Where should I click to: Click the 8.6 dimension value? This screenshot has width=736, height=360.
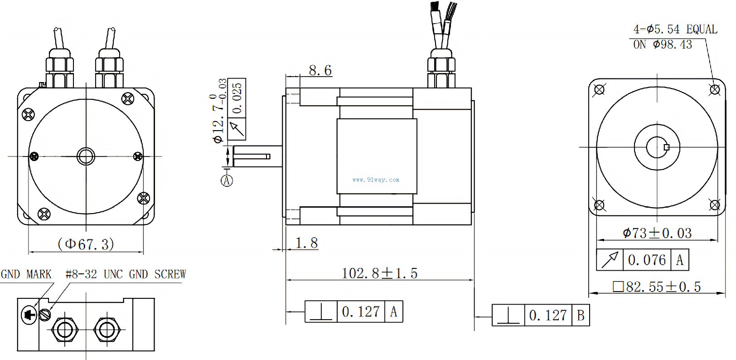320,70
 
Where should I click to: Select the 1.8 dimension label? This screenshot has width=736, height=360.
306,243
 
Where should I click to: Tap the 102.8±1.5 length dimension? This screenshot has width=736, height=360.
379,273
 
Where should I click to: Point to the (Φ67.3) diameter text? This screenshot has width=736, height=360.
86,244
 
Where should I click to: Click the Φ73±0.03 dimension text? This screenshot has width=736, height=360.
657,233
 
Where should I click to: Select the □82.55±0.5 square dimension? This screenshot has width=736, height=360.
657,287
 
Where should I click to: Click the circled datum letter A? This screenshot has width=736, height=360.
227,180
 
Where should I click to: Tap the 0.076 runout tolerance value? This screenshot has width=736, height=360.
647,260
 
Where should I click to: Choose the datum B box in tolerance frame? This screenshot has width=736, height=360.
581,315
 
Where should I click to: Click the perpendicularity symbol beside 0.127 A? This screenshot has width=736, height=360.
321,311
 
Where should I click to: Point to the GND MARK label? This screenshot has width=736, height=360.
26,274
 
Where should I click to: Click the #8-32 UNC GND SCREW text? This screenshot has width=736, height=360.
126,274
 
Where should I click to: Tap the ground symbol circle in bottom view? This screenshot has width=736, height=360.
29,314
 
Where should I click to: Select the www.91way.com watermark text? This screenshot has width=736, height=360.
376,180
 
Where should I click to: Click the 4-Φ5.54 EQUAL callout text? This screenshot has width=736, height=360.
675,29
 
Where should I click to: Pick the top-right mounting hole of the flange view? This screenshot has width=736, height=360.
715,89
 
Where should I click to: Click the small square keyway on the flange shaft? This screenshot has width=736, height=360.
666,147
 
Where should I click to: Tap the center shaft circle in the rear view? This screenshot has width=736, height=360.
86,156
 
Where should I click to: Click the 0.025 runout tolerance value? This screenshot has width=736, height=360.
237,98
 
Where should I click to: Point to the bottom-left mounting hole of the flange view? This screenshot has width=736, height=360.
599,205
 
